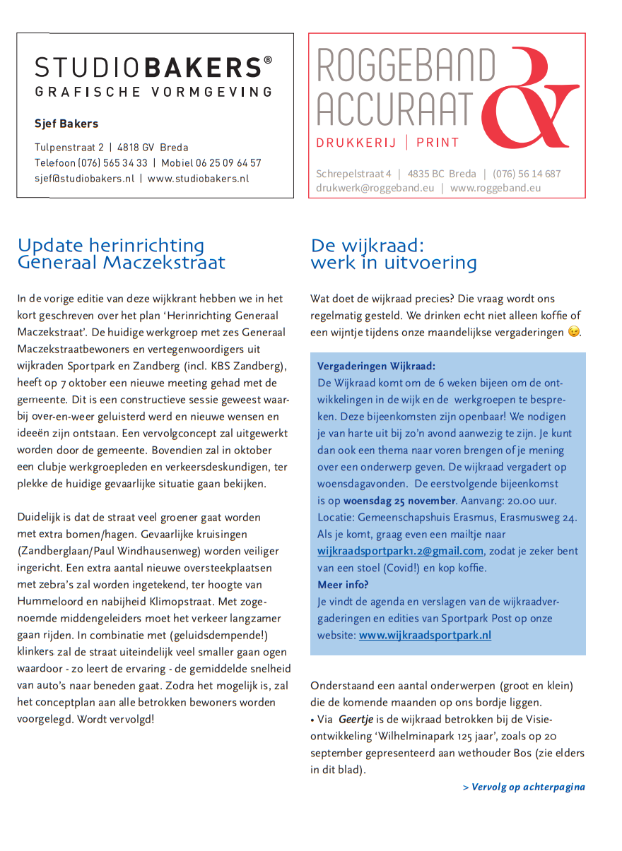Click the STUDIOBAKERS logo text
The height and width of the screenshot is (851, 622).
153,68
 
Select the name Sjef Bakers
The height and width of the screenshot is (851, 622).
66,124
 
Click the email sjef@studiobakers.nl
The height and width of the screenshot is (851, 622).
84,179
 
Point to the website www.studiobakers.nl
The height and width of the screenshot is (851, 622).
198,179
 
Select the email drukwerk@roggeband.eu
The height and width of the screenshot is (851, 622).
375,188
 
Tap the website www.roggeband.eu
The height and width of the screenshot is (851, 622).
495,188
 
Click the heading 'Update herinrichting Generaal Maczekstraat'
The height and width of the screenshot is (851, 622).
122,254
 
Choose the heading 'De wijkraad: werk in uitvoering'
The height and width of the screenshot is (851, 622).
394,254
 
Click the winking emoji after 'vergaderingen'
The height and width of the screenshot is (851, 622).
573,332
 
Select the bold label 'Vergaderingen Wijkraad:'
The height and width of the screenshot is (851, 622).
376,366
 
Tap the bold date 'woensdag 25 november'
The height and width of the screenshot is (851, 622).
399,501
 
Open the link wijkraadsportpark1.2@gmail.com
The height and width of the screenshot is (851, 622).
400,551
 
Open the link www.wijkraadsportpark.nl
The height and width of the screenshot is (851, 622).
425,635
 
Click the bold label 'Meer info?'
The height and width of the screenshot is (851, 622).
343,584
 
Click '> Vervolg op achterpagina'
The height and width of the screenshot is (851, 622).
524,787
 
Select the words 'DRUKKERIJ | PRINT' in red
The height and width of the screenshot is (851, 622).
387,143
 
